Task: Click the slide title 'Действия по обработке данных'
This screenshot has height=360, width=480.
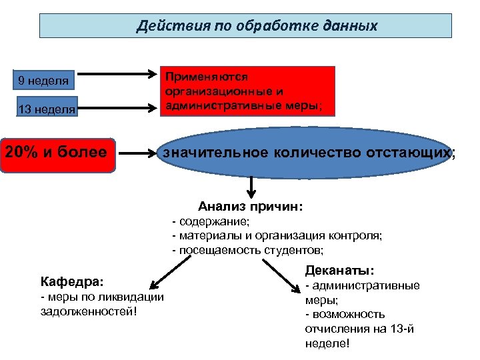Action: coord(257,26)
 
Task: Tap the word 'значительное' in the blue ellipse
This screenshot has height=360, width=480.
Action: coord(212,153)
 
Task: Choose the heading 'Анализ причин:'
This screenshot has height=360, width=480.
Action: coord(251,207)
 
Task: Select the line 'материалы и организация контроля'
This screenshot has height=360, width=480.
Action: coord(280,235)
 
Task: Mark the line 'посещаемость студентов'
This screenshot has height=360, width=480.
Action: coord(250,250)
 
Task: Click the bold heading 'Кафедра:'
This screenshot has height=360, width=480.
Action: coord(72,281)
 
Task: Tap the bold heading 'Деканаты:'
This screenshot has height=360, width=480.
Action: coord(340,271)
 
